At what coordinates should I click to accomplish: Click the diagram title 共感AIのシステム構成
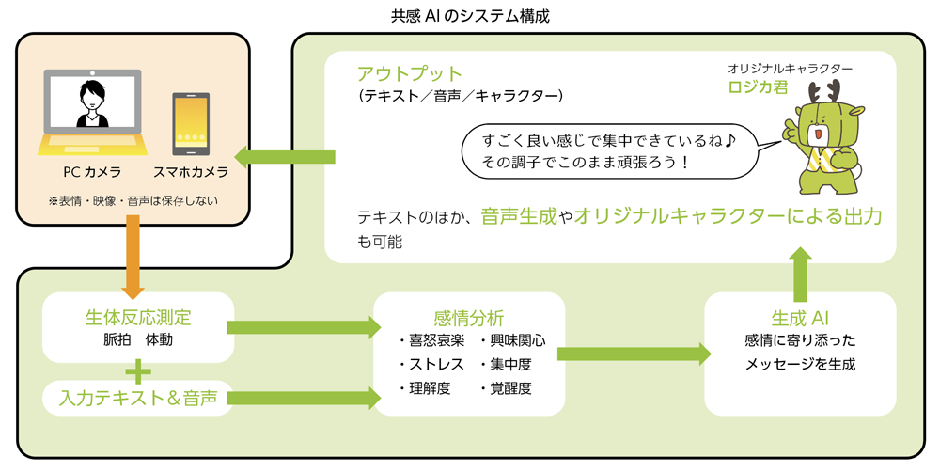coord(469,16)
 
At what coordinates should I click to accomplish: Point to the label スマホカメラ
coord(191,173)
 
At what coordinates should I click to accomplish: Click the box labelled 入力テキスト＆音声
coord(138,398)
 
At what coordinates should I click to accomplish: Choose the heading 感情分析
coord(470,317)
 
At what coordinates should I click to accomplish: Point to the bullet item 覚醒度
coord(509,388)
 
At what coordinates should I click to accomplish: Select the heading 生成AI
coord(798,317)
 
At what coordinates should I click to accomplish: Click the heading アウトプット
coord(409,73)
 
